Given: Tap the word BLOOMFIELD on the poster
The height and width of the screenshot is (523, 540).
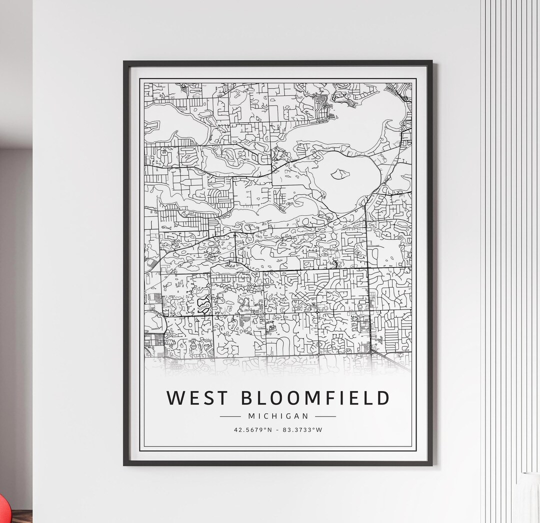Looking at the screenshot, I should click(x=315, y=398).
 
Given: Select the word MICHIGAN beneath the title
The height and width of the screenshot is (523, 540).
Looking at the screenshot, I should click(x=278, y=416).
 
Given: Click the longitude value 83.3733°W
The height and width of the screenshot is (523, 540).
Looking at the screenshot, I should click(x=302, y=429).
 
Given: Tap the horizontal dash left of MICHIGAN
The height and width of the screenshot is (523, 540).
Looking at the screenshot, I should click(x=230, y=416).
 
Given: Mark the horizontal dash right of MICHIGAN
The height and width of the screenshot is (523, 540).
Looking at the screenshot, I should click(x=325, y=416).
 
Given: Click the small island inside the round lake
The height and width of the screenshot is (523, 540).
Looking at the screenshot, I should click(x=339, y=174).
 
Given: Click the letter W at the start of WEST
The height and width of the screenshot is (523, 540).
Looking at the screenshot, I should click(x=175, y=398).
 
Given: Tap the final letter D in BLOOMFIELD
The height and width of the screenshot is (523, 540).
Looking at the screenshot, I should click(x=382, y=398).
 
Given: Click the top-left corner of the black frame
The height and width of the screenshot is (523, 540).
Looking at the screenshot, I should click(x=125, y=62).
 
